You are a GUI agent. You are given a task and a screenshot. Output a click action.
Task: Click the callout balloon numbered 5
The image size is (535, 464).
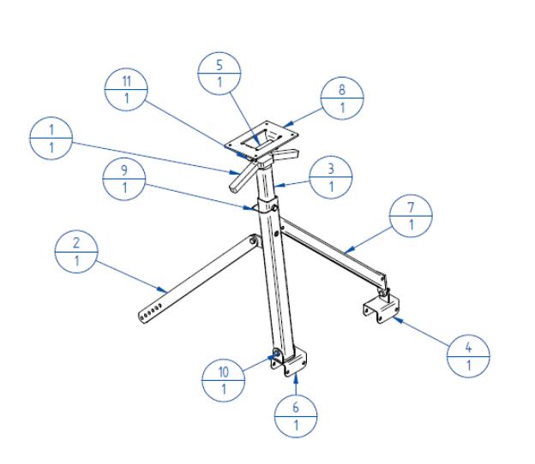pyautogui.click(x=219, y=74)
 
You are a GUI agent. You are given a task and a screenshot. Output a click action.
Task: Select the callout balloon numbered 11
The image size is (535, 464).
pyautogui.click(x=126, y=90)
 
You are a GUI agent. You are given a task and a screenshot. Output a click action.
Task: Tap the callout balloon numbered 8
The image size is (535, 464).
pyautogui.click(x=342, y=98)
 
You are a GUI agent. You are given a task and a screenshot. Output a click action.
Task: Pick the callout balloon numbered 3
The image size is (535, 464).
pyautogui.click(x=331, y=177)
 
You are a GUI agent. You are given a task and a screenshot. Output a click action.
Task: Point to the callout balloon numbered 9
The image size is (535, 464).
pyautogui.click(x=124, y=179)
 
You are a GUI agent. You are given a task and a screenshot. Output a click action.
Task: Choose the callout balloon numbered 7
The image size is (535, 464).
pyautogui.click(x=412, y=216)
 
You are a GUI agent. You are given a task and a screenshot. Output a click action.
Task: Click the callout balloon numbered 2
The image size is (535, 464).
pyautogui.click(x=76, y=252)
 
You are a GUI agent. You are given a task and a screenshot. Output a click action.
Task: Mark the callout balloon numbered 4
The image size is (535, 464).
pyautogui.click(x=468, y=356)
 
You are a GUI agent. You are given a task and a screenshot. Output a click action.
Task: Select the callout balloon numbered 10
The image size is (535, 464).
pyautogui.click(x=224, y=380)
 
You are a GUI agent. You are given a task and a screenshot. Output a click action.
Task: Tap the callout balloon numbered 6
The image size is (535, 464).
pyautogui.click(x=296, y=416)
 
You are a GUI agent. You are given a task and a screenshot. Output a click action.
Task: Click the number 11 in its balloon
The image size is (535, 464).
pyautogui.click(x=127, y=81)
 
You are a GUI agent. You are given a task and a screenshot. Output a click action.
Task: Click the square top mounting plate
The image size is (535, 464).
pyautogui.click(x=262, y=140)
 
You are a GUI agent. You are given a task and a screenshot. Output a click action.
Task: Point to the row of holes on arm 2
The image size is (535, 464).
pyautogui.click(x=151, y=312)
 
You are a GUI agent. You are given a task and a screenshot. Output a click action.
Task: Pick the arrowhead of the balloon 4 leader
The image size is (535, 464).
pyautogui.click(x=398, y=320)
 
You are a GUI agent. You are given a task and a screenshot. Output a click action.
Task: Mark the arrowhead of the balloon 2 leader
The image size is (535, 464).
pyautogui.click(x=163, y=290)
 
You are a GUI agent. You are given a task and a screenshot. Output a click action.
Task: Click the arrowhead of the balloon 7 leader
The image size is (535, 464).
pyautogui.click(x=348, y=251)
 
